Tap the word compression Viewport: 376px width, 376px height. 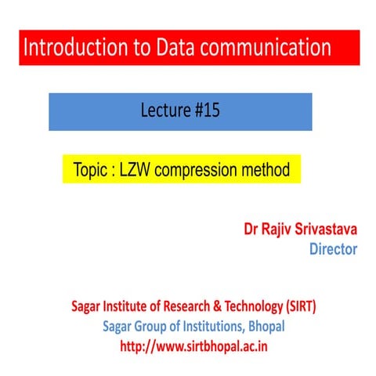201,170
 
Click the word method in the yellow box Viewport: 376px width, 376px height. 266,169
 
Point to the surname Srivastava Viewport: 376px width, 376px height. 330,232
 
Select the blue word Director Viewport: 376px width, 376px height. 334,250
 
